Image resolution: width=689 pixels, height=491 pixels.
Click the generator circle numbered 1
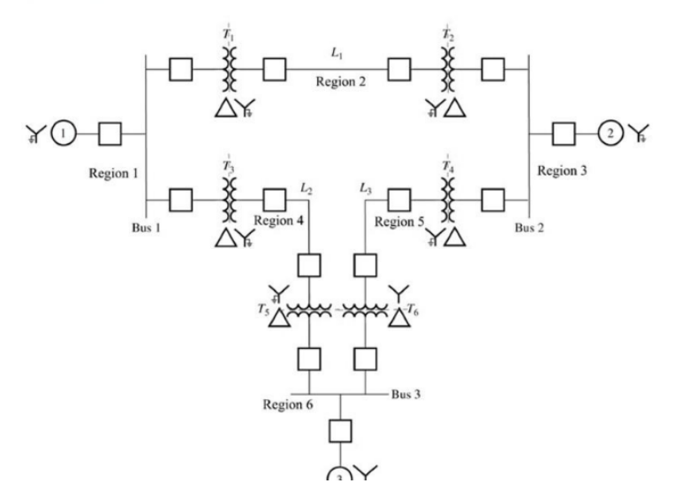63,134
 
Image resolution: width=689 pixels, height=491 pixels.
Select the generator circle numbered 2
610,134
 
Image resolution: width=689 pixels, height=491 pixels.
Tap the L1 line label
337,54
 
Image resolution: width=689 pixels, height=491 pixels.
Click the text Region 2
341,82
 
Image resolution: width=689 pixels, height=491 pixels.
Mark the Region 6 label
289,405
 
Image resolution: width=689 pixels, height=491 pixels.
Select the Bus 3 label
408,394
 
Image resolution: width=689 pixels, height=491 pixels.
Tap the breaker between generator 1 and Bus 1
109,134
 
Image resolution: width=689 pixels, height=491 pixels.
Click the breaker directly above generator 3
341,432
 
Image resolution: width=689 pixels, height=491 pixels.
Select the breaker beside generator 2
564,134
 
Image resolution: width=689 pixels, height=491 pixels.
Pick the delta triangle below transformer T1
225,108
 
